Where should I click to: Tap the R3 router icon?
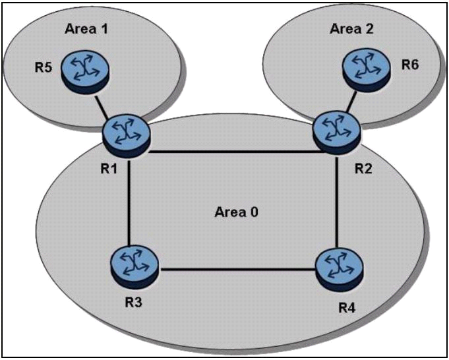134,267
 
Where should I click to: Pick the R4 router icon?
340,269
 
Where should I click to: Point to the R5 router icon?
85,72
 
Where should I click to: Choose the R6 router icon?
366,70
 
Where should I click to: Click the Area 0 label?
237,212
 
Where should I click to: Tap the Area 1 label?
86,28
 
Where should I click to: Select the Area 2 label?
352,28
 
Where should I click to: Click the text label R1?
109,169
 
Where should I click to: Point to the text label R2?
363,169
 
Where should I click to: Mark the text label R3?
133,302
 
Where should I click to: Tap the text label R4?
347,308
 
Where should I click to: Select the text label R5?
44,68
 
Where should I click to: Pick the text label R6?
410,65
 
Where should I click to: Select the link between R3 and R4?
237,269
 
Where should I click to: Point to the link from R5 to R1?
102,107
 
